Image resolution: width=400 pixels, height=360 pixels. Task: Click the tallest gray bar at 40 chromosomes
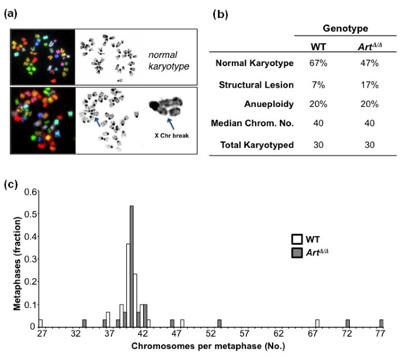tap(132, 266)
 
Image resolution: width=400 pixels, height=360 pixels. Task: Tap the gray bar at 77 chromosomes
tap(381, 323)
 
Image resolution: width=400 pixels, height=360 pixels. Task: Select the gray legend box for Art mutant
tap(296, 252)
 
